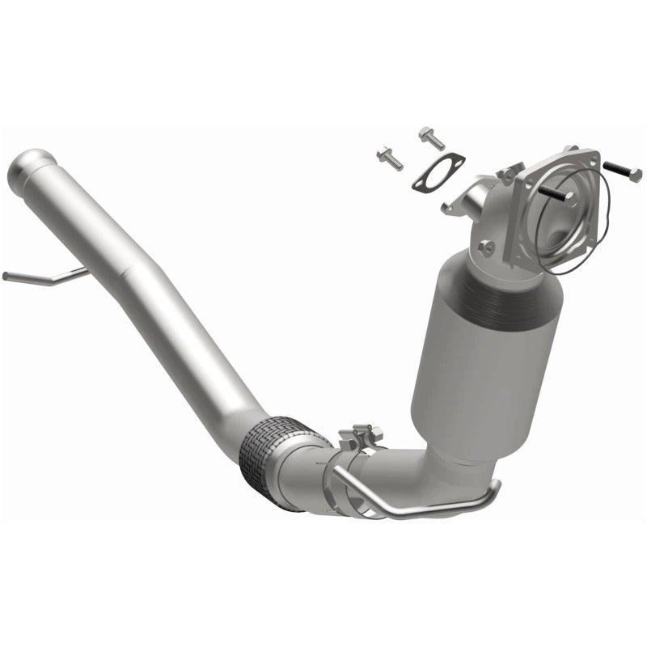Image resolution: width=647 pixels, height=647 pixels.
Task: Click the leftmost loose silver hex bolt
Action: point(389,157)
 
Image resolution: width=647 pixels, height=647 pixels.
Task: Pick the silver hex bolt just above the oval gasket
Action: point(431,138)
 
